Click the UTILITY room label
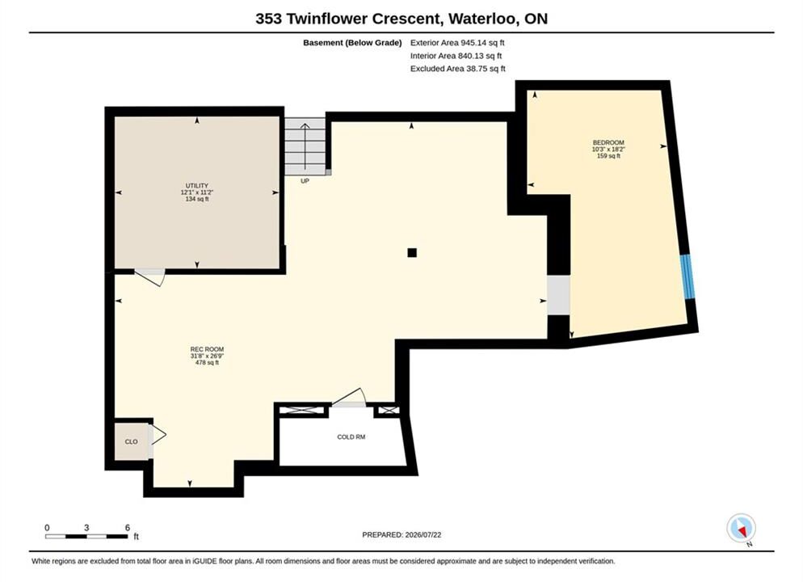(197, 185)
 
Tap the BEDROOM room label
(608, 142)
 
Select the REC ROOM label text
(207, 349)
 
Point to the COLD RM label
(351, 437)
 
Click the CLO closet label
(131, 441)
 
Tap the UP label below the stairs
(305, 181)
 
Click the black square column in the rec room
(412, 252)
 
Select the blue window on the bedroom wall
(687, 276)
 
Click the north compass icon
(741, 528)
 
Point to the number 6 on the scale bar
(128, 528)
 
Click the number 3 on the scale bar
(86, 528)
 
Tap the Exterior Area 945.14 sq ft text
(457, 43)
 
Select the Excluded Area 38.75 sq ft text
(458, 69)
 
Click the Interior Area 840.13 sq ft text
(456, 56)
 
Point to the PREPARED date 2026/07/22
(423, 535)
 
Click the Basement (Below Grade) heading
(352, 43)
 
